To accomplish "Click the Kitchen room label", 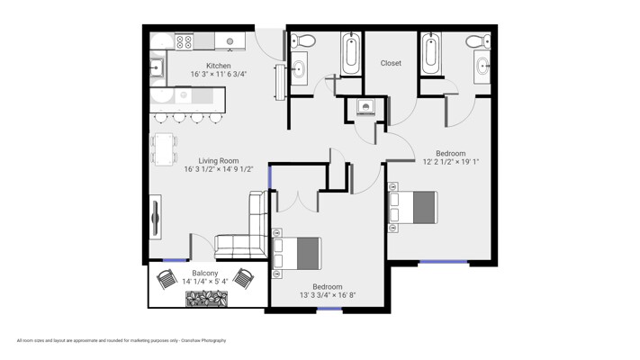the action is pyautogui.click(x=219, y=66).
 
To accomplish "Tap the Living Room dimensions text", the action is pyautogui.click(x=219, y=169).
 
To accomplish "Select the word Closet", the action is pyautogui.click(x=391, y=63).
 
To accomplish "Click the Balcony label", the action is pyautogui.click(x=205, y=273).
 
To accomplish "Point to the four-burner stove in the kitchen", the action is pyautogui.click(x=184, y=41).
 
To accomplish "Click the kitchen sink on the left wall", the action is pyautogui.click(x=158, y=67).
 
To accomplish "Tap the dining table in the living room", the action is pyautogui.click(x=164, y=149).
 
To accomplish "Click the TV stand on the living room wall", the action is pyautogui.click(x=155, y=217).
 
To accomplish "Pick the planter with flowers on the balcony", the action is pyautogui.click(x=206, y=299).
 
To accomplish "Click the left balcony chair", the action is pyautogui.click(x=167, y=279).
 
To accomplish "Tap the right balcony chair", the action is pyautogui.click(x=243, y=278).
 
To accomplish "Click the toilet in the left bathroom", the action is pyautogui.click(x=302, y=40).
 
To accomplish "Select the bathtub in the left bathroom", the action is pyautogui.click(x=350, y=54).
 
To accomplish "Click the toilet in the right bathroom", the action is pyautogui.click(x=478, y=41).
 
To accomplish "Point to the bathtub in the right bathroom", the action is pyautogui.click(x=430, y=54).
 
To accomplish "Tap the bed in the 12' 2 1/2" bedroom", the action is pyautogui.click(x=412, y=207).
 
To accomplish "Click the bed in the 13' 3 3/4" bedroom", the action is pyautogui.click(x=297, y=254).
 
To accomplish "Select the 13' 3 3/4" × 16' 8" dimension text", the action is pyautogui.click(x=328, y=295).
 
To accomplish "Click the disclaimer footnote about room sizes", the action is pyautogui.click(x=122, y=340).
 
